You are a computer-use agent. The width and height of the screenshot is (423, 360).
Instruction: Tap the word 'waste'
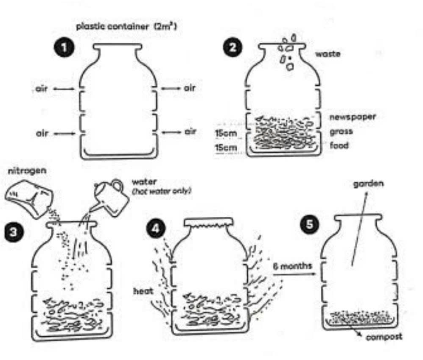click(x=327, y=54)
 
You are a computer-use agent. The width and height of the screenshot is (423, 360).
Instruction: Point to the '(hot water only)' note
click(x=162, y=191)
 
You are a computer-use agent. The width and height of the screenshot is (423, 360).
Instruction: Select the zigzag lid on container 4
click(x=208, y=223)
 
